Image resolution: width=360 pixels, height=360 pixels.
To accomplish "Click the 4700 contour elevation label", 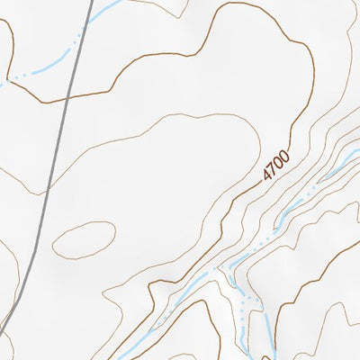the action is (x=277, y=167).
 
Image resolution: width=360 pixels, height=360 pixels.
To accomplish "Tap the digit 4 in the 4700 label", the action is (x=268, y=176).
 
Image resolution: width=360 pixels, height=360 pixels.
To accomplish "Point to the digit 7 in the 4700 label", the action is (x=274, y=171).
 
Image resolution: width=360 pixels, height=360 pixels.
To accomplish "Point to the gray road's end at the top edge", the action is (x=91, y=1).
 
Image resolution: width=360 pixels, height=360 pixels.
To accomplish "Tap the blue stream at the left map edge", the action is (x=2, y=84).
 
